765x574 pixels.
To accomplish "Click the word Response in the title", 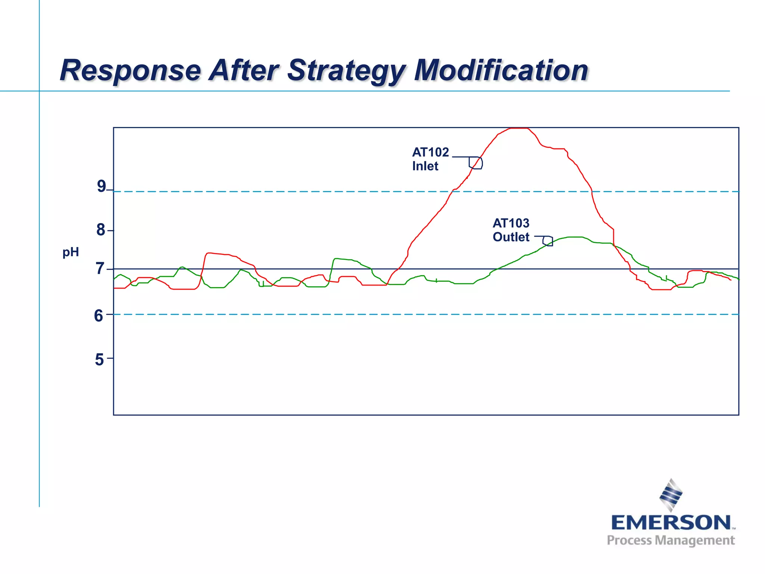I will click(x=130, y=71).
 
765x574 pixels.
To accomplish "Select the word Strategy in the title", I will click(x=346, y=71).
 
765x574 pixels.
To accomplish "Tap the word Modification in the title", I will click(x=501, y=71).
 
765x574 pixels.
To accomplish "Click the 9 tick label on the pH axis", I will click(x=101, y=186).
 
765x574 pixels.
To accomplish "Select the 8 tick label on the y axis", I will click(x=100, y=230).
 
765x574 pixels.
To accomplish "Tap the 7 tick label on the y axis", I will click(x=100, y=269).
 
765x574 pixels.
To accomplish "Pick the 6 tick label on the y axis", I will click(x=99, y=316).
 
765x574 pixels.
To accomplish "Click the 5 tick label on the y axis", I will click(x=99, y=359).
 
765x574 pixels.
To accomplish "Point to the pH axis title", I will click(x=71, y=252).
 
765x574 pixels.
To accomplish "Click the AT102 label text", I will click(x=430, y=152).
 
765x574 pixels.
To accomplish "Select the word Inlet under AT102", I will click(x=425, y=166).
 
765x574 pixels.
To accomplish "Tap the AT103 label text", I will click(x=511, y=223).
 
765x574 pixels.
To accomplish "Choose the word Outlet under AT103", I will click(x=511, y=237).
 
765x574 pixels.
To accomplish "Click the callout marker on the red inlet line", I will click(x=476, y=163).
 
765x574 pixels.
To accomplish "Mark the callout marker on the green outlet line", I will click(x=548, y=241).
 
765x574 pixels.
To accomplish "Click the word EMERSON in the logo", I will click(x=670, y=522).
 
